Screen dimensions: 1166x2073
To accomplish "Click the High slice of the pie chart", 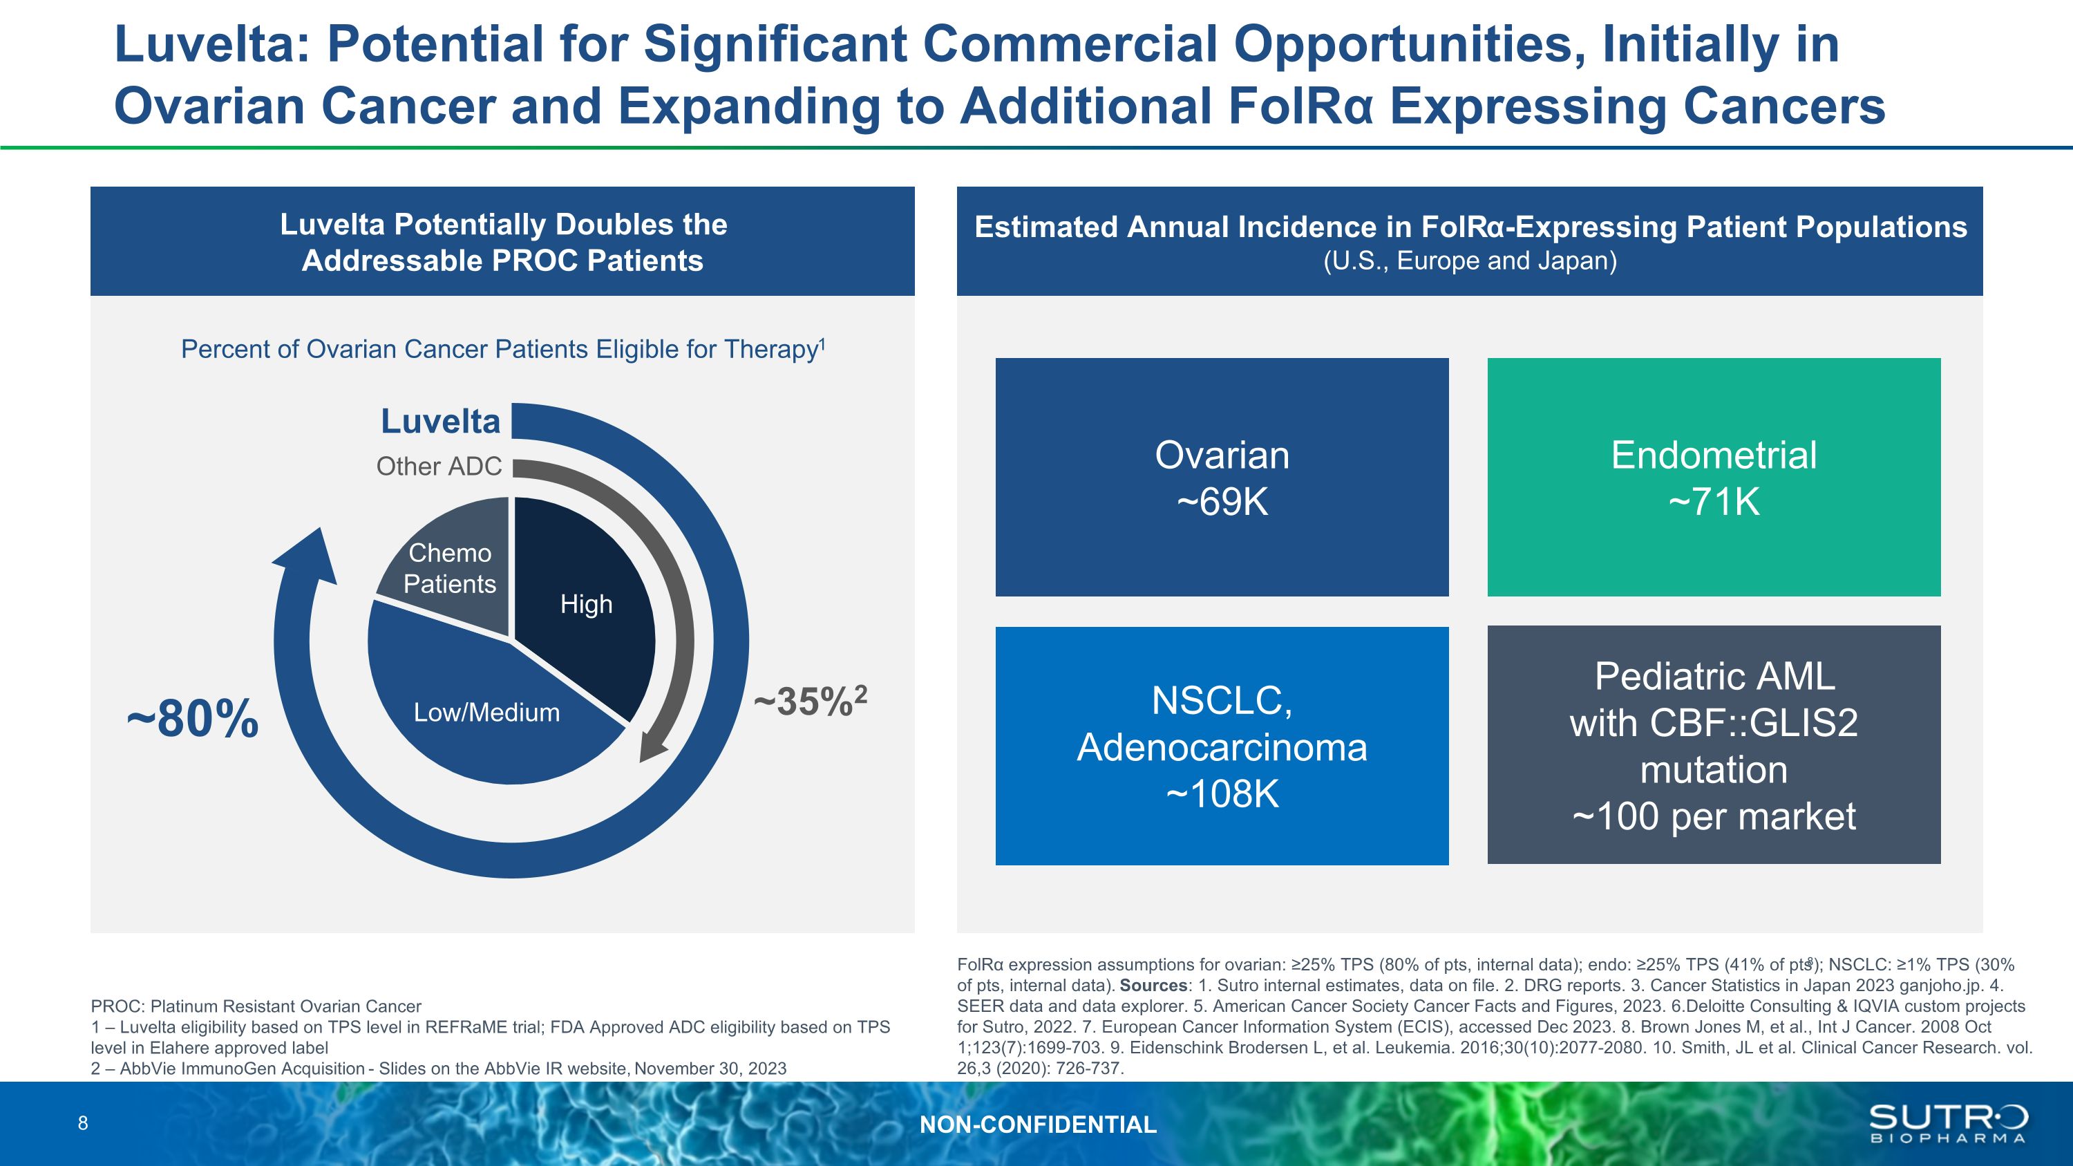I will tap(586, 604).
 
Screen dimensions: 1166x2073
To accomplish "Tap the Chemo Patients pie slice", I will tap(450, 568).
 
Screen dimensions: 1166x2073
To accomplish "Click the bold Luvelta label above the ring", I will tap(440, 421).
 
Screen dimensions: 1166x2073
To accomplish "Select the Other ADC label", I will tap(439, 466).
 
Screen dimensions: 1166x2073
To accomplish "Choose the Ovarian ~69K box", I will tap(1222, 477).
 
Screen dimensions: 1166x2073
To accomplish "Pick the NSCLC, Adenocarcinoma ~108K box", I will tap(1222, 746).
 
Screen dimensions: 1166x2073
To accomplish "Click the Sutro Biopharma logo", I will tap(1947, 1123).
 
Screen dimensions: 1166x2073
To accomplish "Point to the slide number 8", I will tap(83, 1123).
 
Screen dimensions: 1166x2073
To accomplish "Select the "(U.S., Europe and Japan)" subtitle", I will tap(1470, 261).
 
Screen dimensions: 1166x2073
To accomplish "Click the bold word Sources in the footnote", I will tap(1153, 986).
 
